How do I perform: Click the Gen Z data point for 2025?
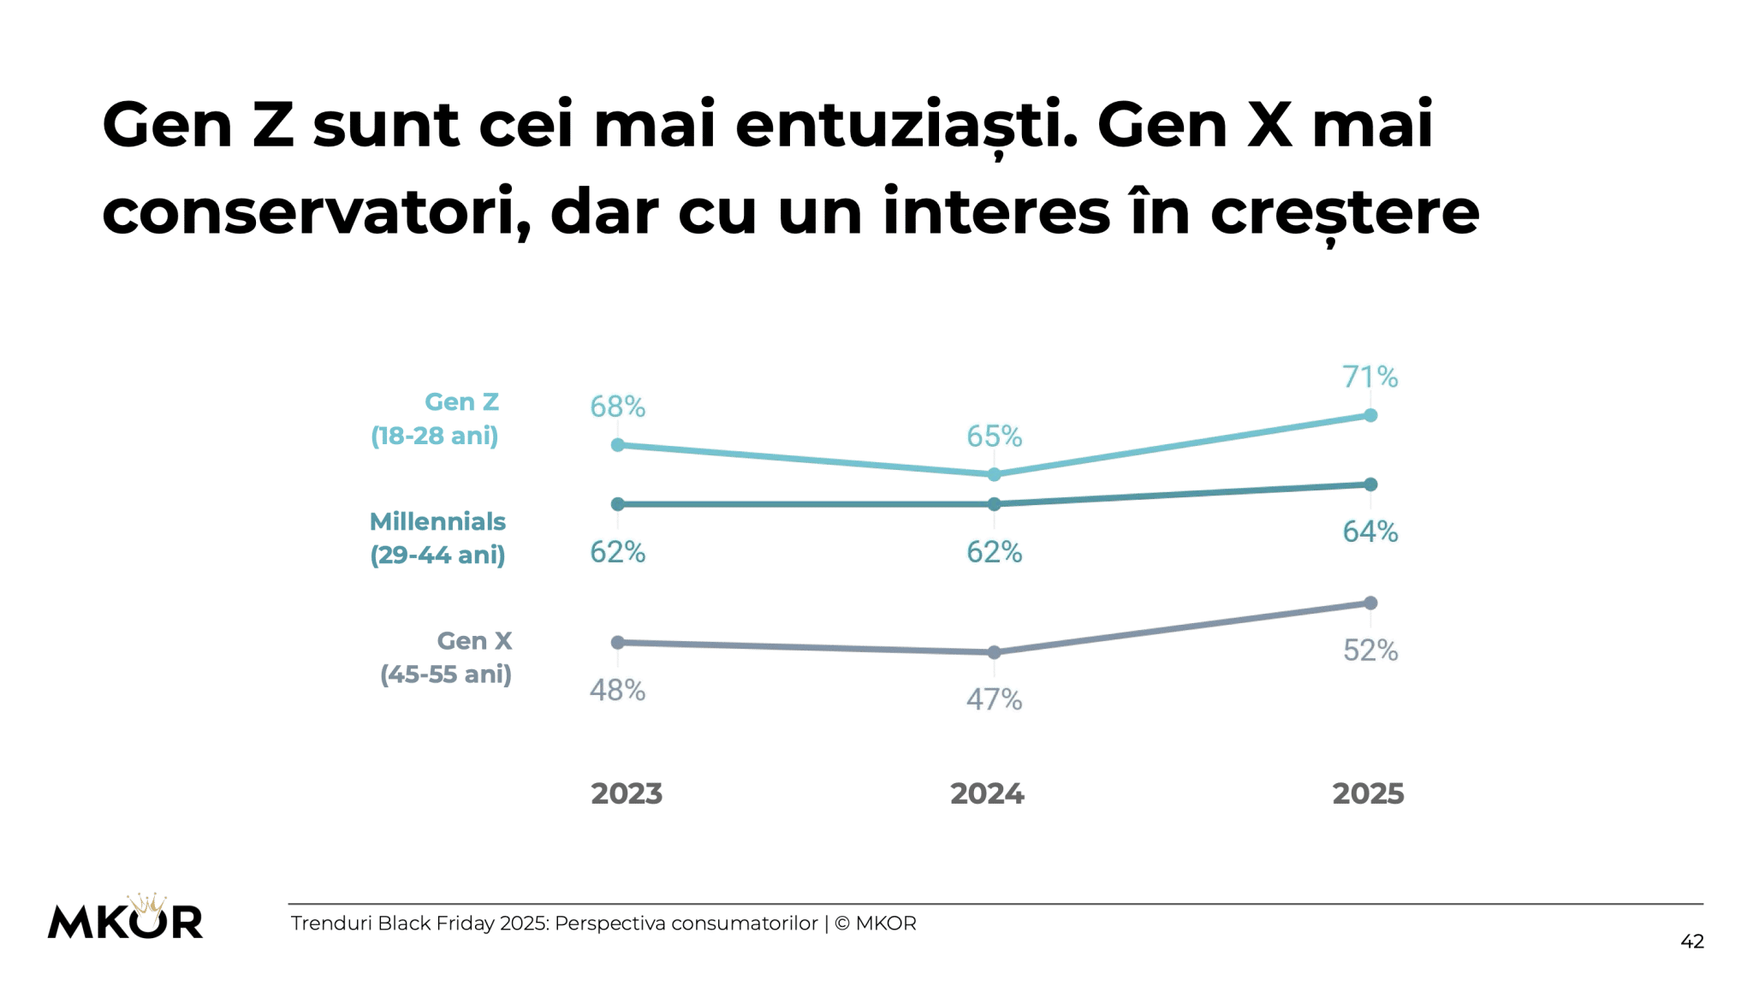pyautogui.click(x=1370, y=415)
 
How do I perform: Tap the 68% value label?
pyautogui.click(x=617, y=407)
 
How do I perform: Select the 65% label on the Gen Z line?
pyautogui.click(x=994, y=437)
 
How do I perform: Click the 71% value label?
pyautogui.click(x=1370, y=377)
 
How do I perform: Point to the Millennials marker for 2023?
pyautogui.click(x=617, y=504)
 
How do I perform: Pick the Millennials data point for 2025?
pyautogui.click(x=1370, y=484)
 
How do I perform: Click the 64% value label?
pyautogui.click(x=1370, y=532)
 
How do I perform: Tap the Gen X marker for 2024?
pyautogui.click(x=994, y=652)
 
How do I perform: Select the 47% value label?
pyautogui.click(x=994, y=699)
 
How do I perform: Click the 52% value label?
pyautogui.click(x=1370, y=650)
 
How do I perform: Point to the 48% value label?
pyautogui.click(x=617, y=690)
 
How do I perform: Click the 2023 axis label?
pyautogui.click(x=627, y=793)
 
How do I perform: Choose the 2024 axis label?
pyautogui.click(x=987, y=793)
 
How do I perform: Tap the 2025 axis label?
pyautogui.click(x=1368, y=793)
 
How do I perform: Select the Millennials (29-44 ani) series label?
pyautogui.click(x=437, y=538)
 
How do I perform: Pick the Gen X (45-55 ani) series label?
pyautogui.click(x=447, y=657)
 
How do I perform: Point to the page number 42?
pyautogui.click(x=1691, y=941)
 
